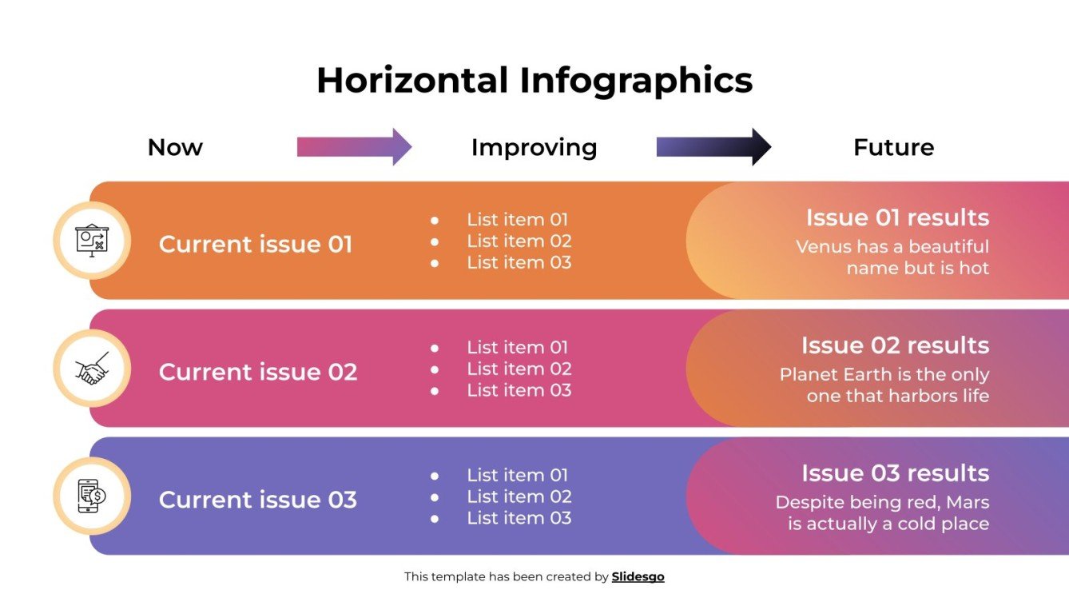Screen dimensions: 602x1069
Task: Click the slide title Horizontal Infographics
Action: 534,81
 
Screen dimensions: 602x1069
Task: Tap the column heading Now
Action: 175,147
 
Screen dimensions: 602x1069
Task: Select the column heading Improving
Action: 534,147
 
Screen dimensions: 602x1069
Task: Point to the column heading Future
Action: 893,147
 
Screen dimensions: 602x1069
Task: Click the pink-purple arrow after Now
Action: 354,147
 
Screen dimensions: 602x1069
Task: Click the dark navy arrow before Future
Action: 713,147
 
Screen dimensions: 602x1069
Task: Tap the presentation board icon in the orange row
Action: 92,240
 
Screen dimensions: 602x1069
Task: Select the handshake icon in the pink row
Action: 92,369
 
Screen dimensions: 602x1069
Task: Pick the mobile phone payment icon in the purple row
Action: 92,496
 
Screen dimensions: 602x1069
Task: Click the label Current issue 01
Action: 256,244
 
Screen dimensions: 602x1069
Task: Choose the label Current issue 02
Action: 258,372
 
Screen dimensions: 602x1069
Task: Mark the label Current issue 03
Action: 258,500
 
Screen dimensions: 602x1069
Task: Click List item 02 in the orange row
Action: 519,241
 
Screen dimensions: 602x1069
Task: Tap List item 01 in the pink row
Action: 518,347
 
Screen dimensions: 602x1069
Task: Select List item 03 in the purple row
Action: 519,518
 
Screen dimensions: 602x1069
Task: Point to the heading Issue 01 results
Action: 896,217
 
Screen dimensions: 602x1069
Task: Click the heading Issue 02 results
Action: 895,345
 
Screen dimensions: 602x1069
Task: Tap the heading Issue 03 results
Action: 895,473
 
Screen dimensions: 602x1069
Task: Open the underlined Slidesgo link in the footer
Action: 638,576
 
